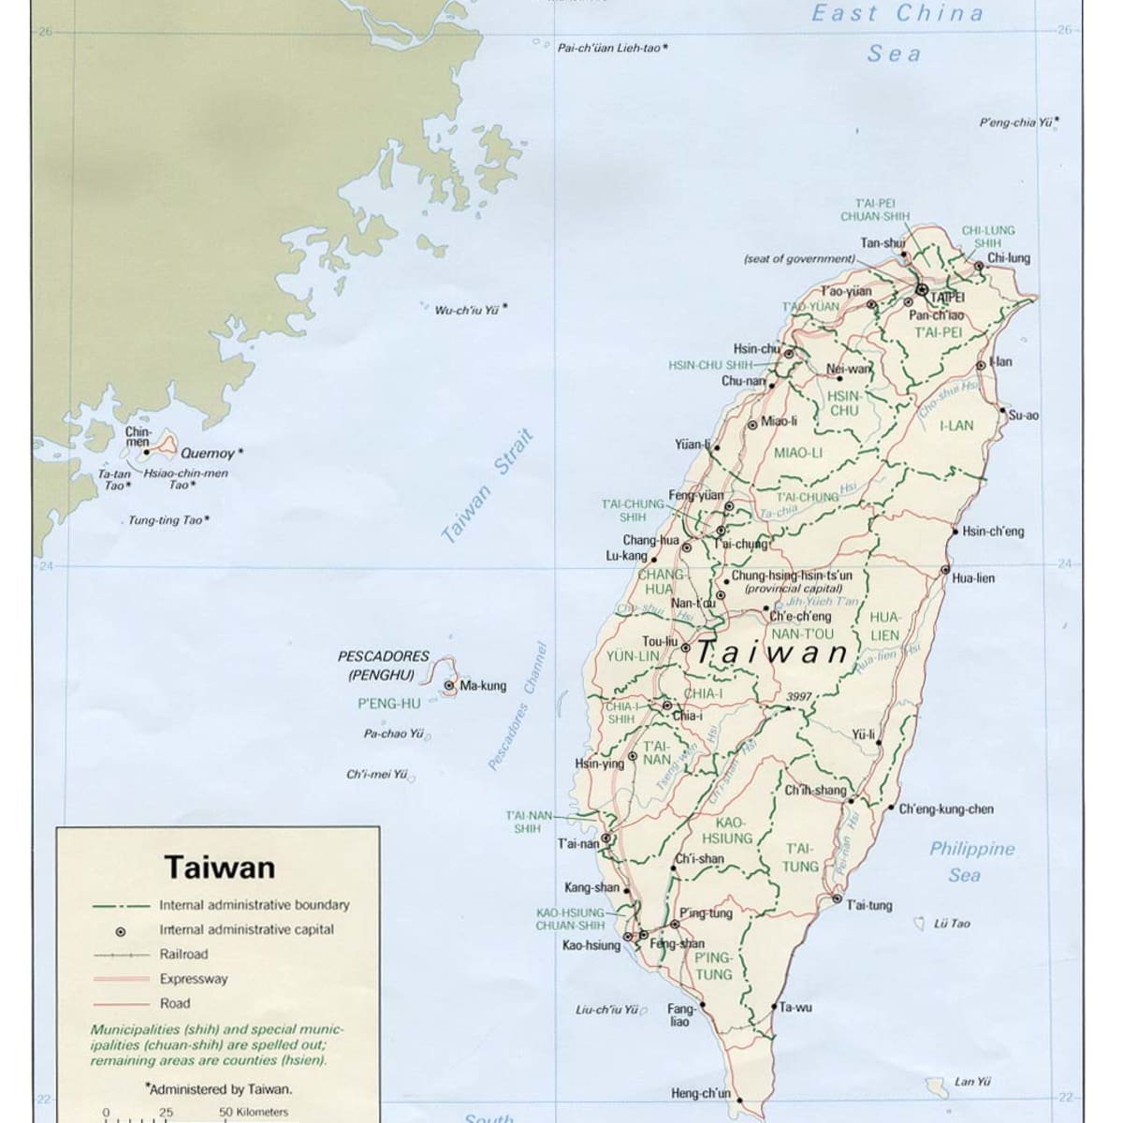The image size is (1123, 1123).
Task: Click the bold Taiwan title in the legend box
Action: tap(220, 867)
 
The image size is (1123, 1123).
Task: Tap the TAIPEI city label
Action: tap(946, 297)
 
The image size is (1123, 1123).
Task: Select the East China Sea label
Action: tap(897, 33)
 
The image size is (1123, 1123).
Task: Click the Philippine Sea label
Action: tap(971, 862)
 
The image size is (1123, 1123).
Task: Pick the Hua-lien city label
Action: tap(973, 578)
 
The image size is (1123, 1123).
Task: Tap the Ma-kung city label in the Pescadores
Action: tap(483, 686)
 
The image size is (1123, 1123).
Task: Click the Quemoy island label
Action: tap(208, 454)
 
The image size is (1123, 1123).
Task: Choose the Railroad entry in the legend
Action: tap(183, 955)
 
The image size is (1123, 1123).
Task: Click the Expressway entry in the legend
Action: tap(193, 979)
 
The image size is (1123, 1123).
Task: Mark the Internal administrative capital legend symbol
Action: tap(121, 931)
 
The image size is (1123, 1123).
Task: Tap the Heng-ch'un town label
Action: tap(701, 1093)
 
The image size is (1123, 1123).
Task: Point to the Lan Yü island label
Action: tap(972, 1082)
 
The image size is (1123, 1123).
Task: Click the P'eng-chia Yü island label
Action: tap(1014, 123)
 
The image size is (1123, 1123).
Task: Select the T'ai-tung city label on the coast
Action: tap(869, 905)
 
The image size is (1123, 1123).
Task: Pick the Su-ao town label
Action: tap(1023, 416)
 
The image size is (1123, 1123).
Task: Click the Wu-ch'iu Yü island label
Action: tap(466, 310)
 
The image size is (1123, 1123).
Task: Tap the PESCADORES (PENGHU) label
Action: tap(383, 665)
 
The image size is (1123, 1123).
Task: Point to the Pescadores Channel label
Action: tap(516, 707)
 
